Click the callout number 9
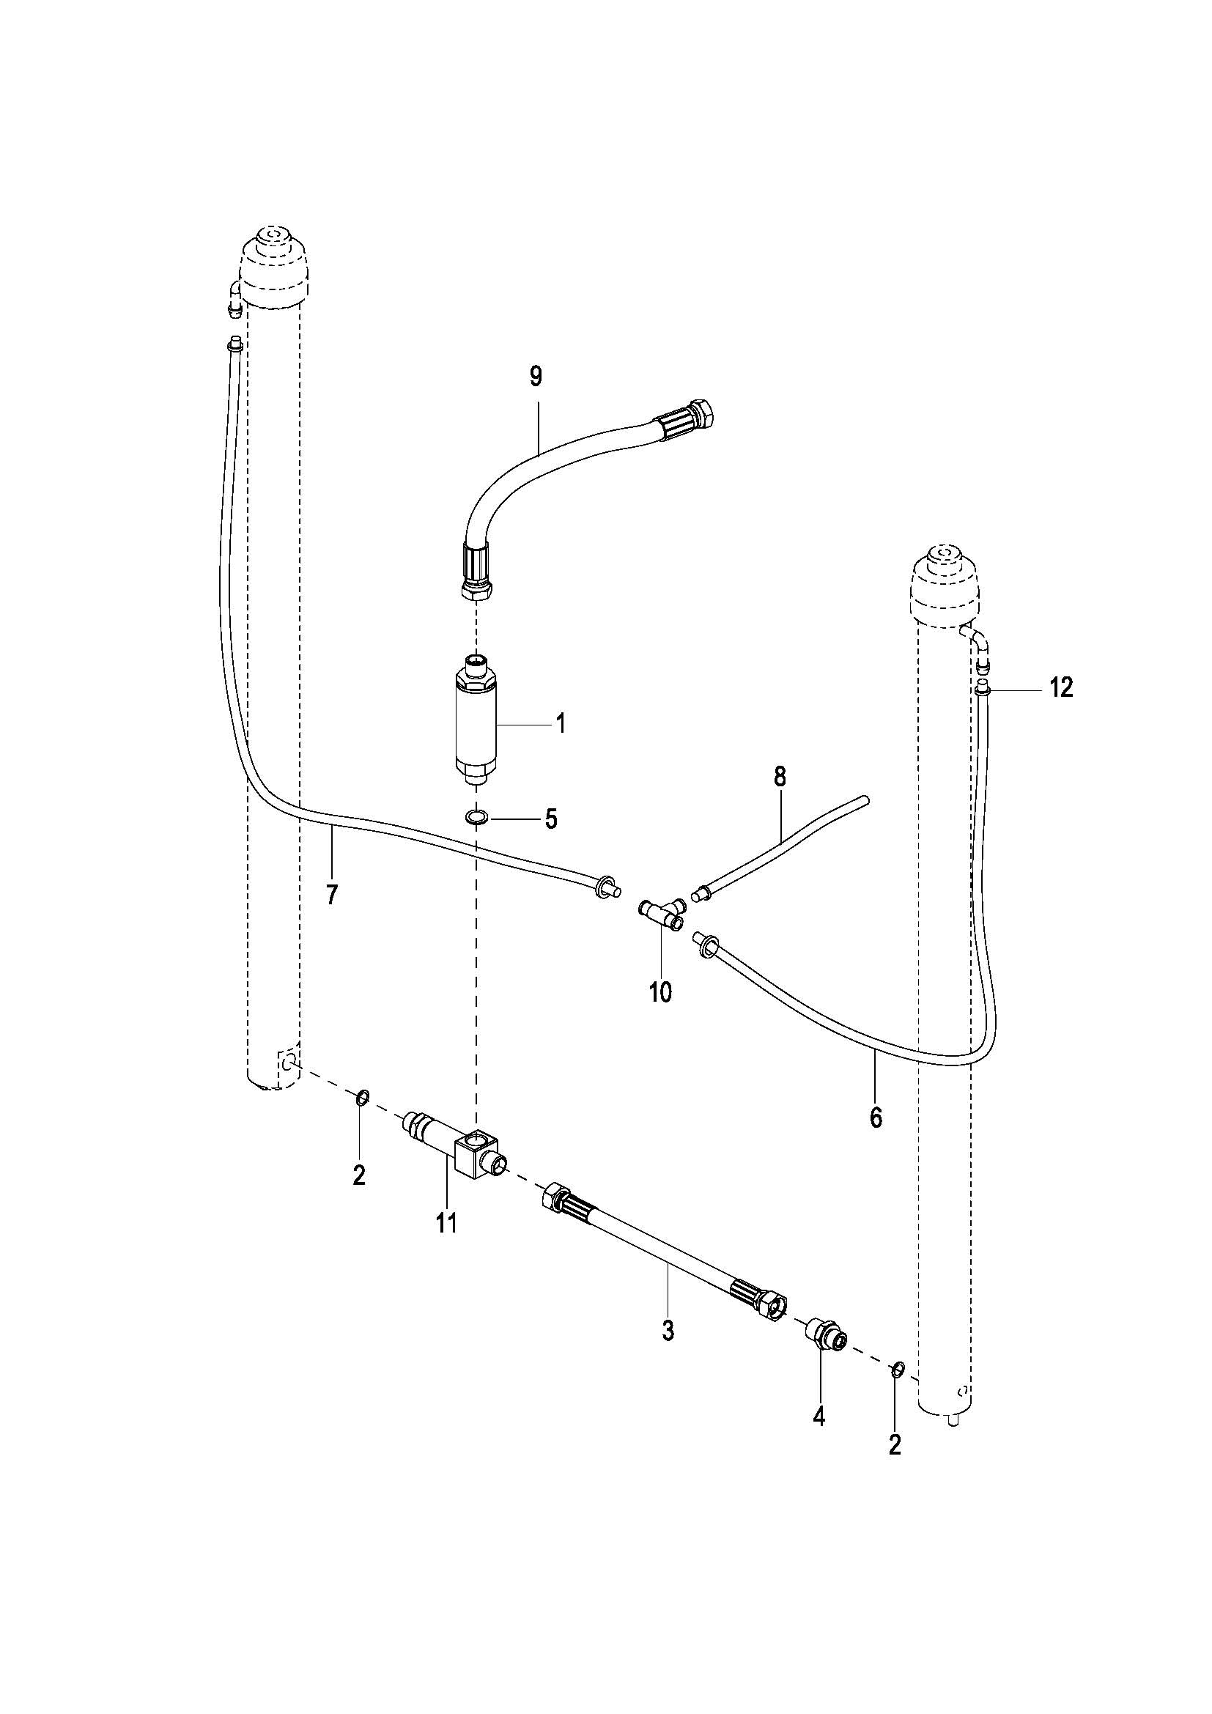536,377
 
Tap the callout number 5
551,819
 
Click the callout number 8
780,777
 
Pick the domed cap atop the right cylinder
945,588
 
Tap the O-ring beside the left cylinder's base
361,1098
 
